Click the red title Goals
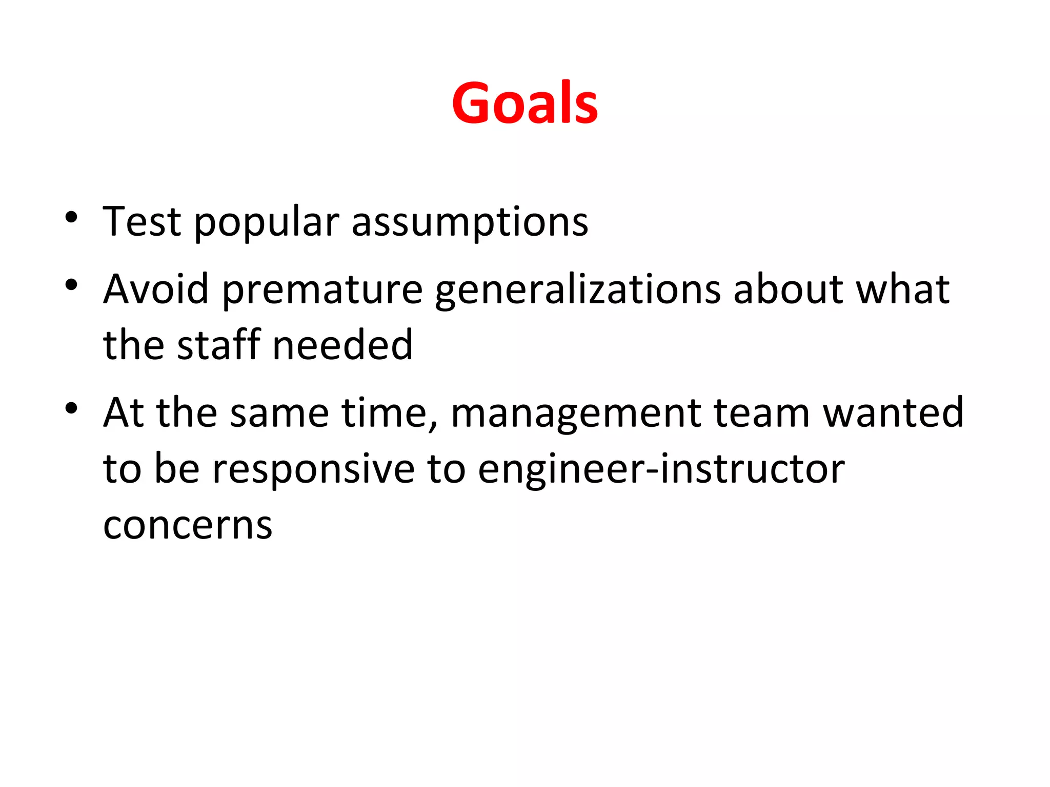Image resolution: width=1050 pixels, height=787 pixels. [524, 104]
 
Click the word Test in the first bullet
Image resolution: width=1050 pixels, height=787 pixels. [142, 222]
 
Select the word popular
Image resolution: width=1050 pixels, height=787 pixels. [267, 223]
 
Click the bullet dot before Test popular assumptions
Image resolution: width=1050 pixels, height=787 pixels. [71, 217]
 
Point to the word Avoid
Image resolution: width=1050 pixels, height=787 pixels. [155, 289]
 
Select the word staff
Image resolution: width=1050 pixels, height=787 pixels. [218, 345]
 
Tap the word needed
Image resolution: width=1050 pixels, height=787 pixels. [342, 345]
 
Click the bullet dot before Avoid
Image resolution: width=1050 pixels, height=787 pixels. [71, 285]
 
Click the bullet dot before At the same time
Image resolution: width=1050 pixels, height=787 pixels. [71, 408]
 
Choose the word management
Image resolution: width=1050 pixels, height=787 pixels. [575, 414]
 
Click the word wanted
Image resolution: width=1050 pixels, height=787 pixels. [893, 413]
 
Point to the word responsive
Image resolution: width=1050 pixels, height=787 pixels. [313, 470]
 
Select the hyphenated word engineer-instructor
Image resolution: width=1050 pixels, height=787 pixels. [661, 470]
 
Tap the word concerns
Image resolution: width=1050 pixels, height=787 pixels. [188, 526]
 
